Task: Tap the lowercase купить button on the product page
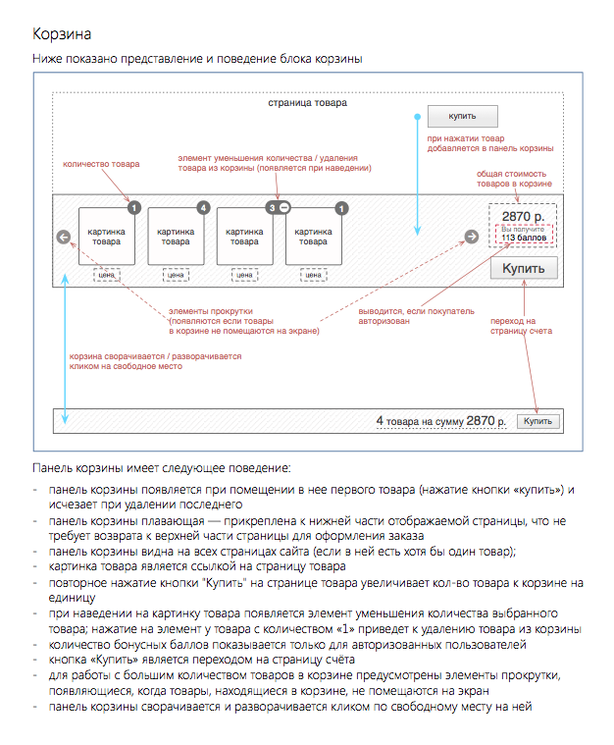click(463, 117)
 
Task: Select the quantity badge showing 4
click(203, 208)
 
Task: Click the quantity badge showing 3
click(272, 208)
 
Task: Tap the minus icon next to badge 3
click(285, 208)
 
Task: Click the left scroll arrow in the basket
click(64, 237)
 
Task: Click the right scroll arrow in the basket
click(471, 237)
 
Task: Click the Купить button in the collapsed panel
click(538, 421)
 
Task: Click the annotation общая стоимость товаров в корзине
click(514, 179)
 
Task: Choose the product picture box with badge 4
click(177, 237)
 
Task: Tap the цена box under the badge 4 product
click(177, 276)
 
